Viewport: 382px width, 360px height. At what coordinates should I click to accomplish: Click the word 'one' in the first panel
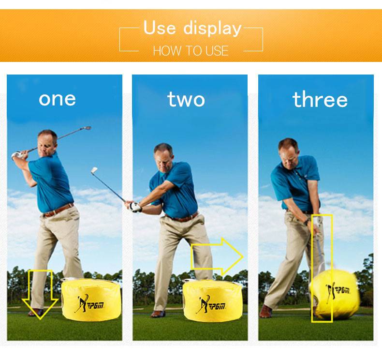pyautogui.click(x=57, y=99)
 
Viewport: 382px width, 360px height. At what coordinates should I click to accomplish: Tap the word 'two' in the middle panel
pyautogui.click(x=186, y=99)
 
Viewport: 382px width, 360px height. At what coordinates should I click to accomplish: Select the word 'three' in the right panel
pyautogui.click(x=320, y=99)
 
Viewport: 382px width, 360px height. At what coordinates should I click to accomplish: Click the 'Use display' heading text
pyautogui.click(x=192, y=28)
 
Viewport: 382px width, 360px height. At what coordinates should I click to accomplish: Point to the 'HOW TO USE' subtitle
pyautogui.click(x=191, y=51)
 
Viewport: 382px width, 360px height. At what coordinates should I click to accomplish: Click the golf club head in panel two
pyautogui.click(x=94, y=170)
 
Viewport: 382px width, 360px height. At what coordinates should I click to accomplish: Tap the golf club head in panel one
pyautogui.click(x=87, y=128)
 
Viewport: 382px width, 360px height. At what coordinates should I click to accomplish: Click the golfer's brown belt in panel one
pyautogui.click(x=59, y=210)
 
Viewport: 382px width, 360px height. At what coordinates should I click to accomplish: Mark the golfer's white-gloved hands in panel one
pyautogui.click(x=17, y=155)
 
